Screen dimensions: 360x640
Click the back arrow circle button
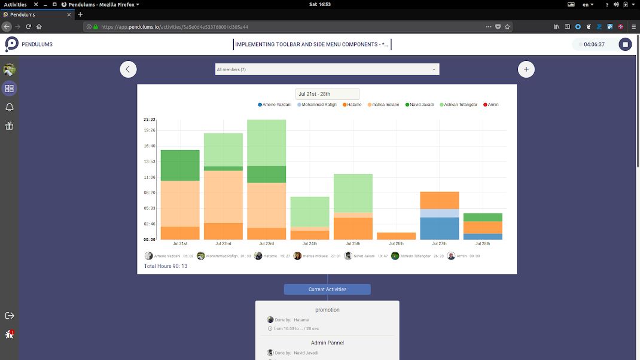pos(128,69)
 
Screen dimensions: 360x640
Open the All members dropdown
pos(327,69)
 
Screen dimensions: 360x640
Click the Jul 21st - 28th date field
pos(327,94)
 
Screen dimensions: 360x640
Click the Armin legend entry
pos(491,105)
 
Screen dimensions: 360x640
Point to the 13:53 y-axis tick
pos(150,161)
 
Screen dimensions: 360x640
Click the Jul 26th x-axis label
pos(396,244)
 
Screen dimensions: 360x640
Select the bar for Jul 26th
pos(396,236)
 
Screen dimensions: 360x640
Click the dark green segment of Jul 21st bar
pos(180,165)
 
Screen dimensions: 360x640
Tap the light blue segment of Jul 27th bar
pos(439,213)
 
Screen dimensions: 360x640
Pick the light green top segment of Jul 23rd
pos(266,142)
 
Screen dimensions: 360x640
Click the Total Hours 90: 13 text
pos(166,266)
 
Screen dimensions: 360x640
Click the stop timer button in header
pos(625,44)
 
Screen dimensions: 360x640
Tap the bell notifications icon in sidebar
pos(9,107)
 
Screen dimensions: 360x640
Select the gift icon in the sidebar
pos(9,126)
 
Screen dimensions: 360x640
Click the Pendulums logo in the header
pos(12,44)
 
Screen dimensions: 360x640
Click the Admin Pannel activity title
pos(327,343)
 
